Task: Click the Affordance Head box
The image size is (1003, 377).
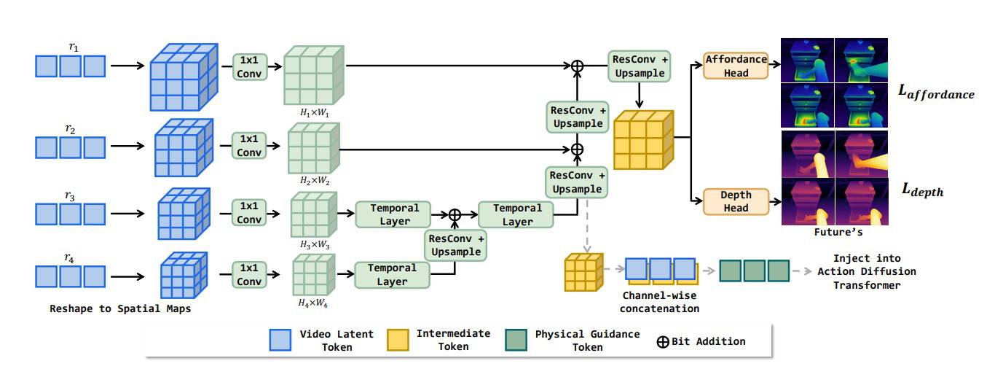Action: [736, 66]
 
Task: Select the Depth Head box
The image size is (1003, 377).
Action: [736, 201]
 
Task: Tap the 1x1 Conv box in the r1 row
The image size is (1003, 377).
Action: [249, 67]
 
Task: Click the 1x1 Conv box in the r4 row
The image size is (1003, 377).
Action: [249, 274]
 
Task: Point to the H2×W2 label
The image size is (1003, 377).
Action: [315, 181]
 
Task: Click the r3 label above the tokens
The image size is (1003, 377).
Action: [70, 196]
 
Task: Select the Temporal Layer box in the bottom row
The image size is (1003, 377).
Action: [392, 275]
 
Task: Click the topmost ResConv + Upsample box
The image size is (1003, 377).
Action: [639, 66]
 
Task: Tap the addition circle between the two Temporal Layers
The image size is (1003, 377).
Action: [455, 214]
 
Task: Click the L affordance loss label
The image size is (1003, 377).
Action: [936, 92]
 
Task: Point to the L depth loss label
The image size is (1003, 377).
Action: [922, 190]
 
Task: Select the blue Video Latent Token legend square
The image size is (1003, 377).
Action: [280, 340]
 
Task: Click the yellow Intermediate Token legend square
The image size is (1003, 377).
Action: [398, 340]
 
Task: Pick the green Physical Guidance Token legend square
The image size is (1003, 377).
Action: [516, 340]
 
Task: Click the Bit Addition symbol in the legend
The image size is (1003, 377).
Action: [663, 342]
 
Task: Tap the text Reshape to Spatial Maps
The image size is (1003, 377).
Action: [120, 308]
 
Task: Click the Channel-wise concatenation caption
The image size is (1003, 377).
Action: [659, 302]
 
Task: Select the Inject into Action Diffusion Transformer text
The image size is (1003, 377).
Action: [867, 272]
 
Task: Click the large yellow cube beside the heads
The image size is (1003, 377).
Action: [643, 140]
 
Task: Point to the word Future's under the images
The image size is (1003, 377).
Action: [838, 232]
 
